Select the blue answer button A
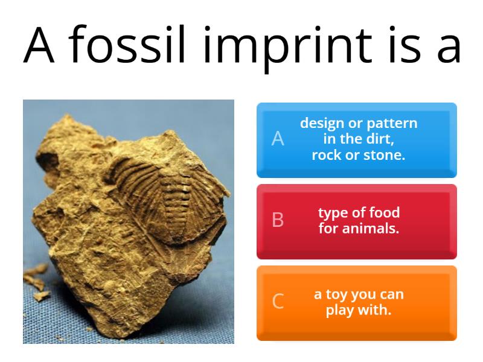pos(356,140)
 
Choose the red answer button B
pos(356,221)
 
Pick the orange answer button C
pos(356,303)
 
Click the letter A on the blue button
pos(278,139)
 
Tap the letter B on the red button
pos(278,220)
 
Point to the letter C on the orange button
pos(278,301)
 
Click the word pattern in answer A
pos(393,124)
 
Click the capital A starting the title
pos(39,45)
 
